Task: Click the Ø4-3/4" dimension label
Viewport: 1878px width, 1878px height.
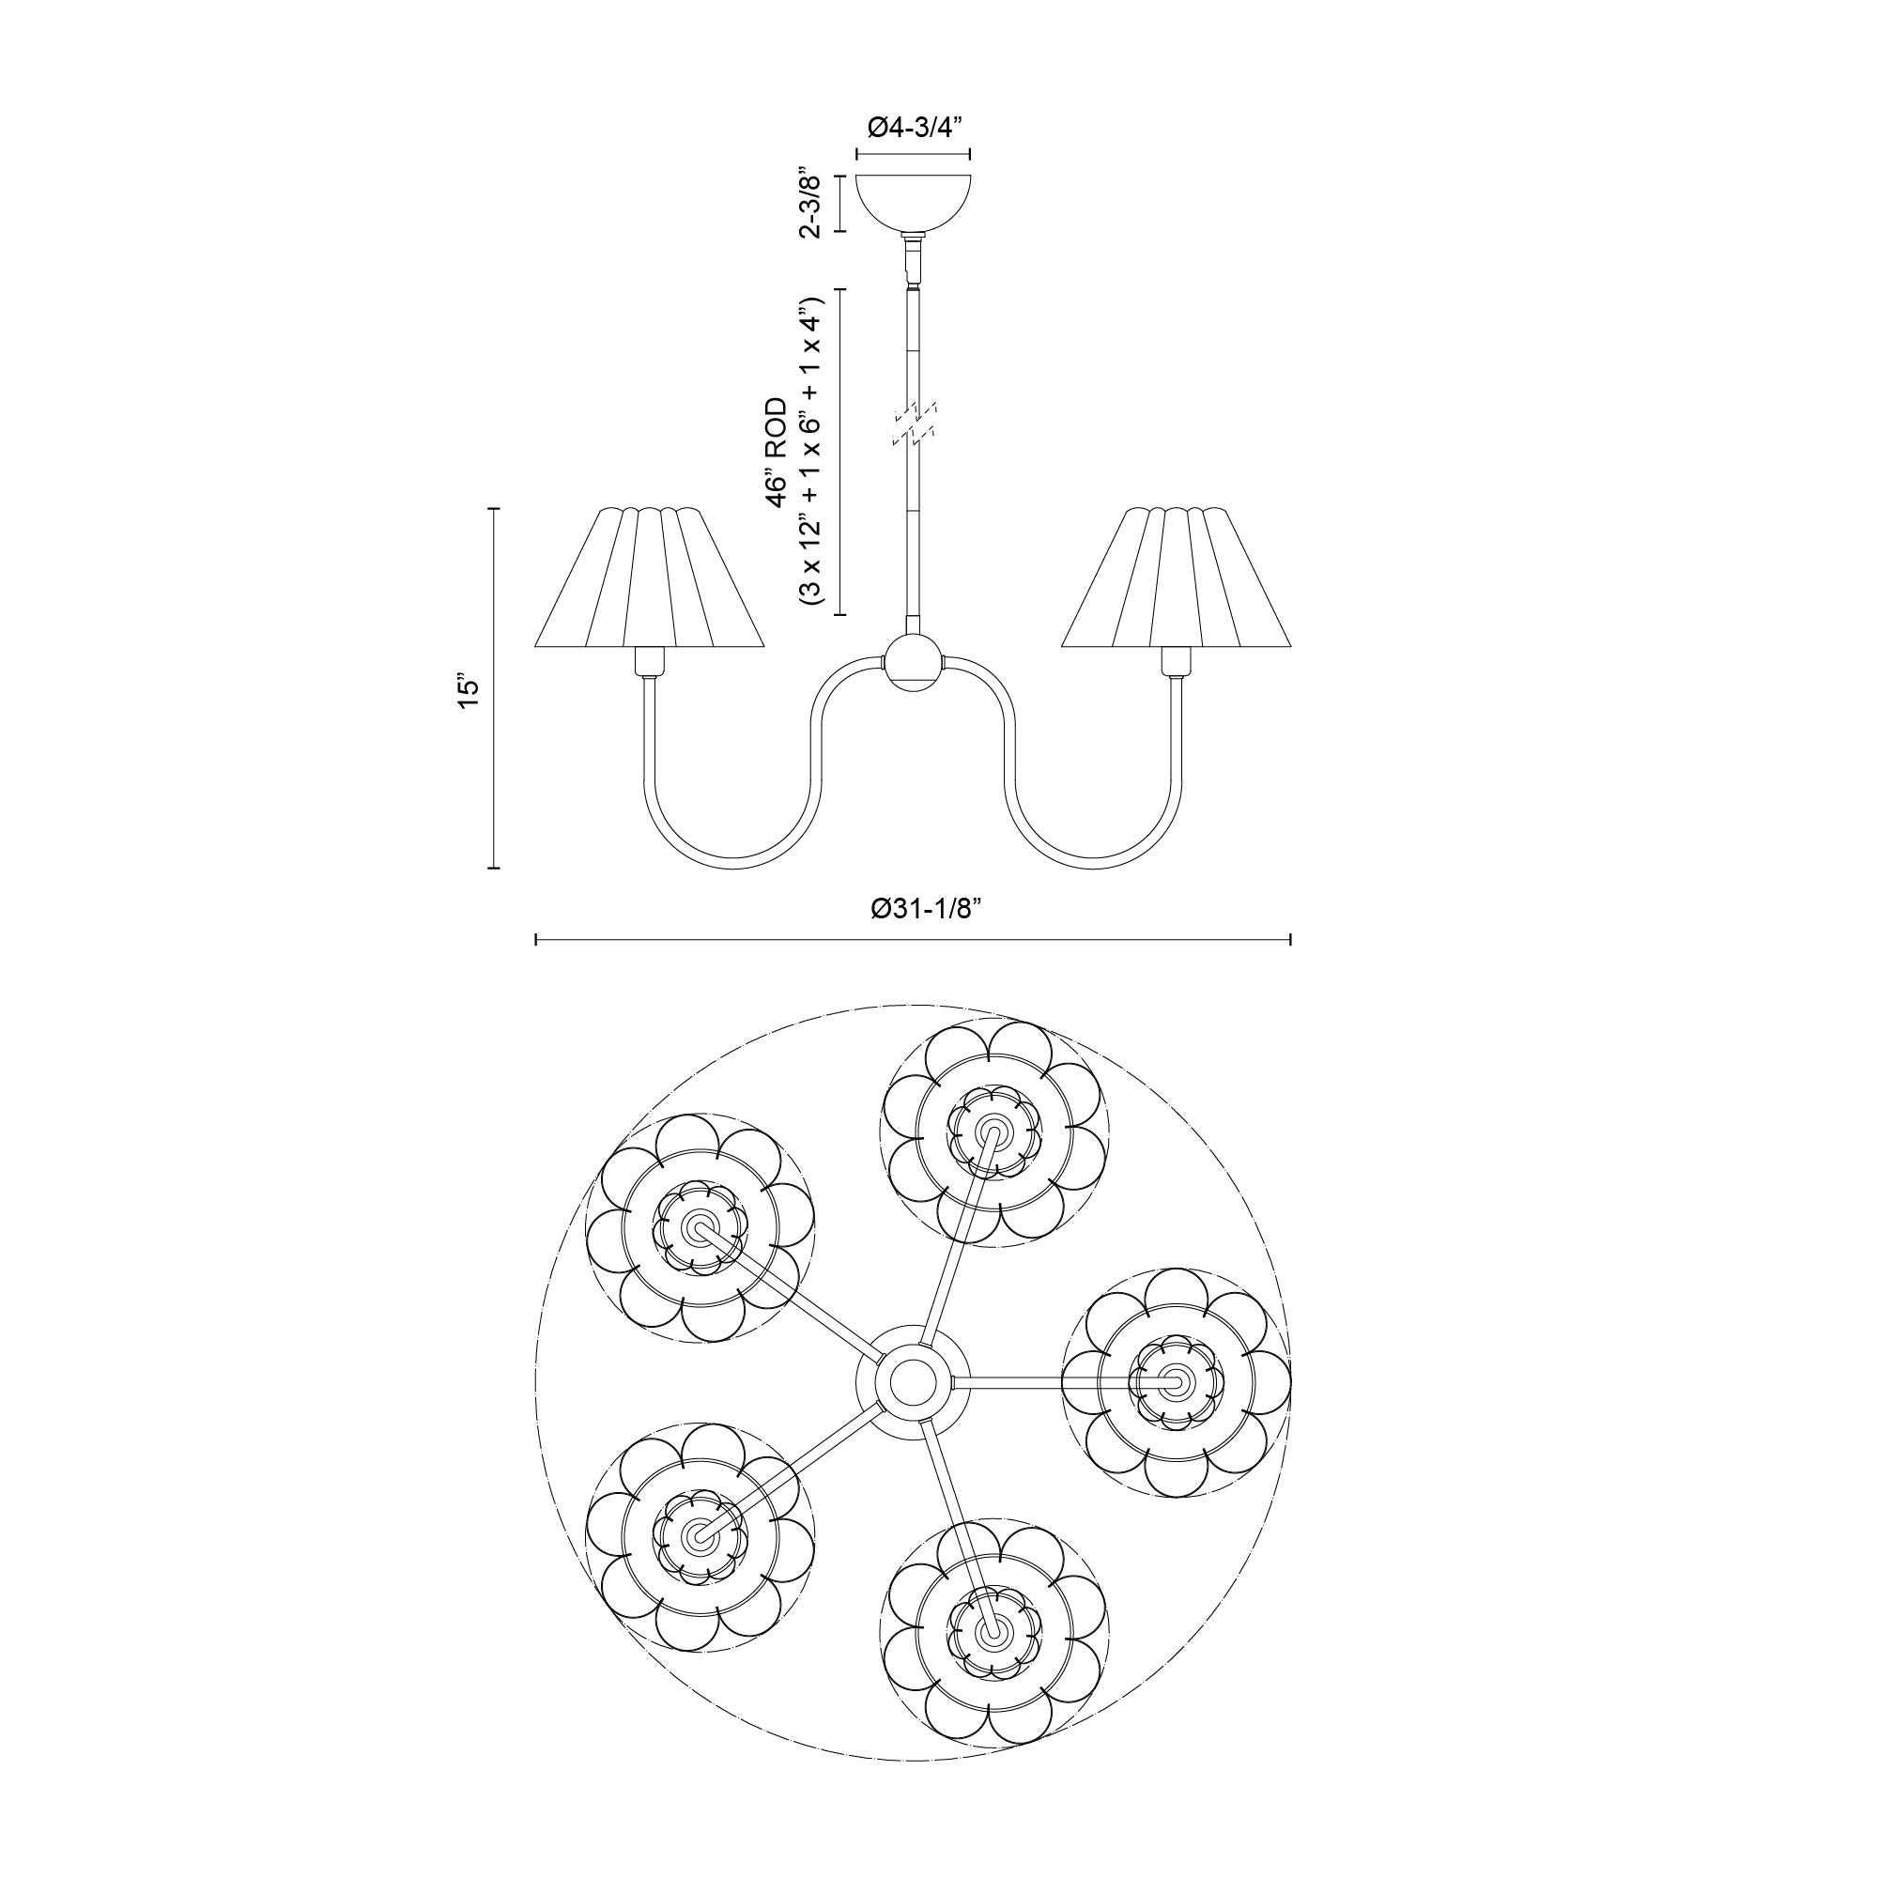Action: coord(913,128)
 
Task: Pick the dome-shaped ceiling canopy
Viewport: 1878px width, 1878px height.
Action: coord(913,201)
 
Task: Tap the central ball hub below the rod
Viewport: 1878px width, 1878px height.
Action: coord(912,663)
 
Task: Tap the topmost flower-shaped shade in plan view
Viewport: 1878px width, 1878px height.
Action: coord(993,1133)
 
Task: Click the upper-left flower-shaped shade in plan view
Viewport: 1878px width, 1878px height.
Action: coord(699,1227)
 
